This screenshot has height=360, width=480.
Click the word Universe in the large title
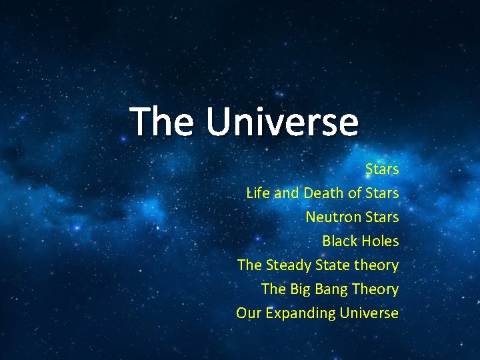click(x=282, y=121)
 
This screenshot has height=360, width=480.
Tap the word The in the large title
click(x=163, y=121)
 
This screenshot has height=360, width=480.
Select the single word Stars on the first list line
click(x=382, y=169)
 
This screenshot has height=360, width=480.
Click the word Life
click(x=258, y=193)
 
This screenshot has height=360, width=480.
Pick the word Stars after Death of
click(x=382, y=193)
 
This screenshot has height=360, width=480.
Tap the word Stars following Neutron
click(x=382, y=217)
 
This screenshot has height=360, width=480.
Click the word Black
click(x=341, y=241)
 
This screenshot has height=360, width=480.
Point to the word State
click(x=333, y=265)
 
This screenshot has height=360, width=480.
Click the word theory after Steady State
click(x=377, y=265)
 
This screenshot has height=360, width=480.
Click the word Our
click(x=248, y=313)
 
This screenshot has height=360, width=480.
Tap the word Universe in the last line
click(x=369, y=313)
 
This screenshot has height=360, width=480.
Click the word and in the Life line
click(x=287, y=193)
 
